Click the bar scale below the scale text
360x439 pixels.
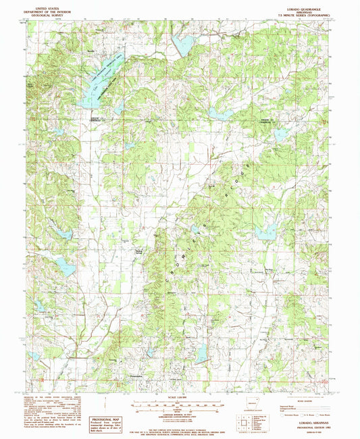click(x=179, y=407)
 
